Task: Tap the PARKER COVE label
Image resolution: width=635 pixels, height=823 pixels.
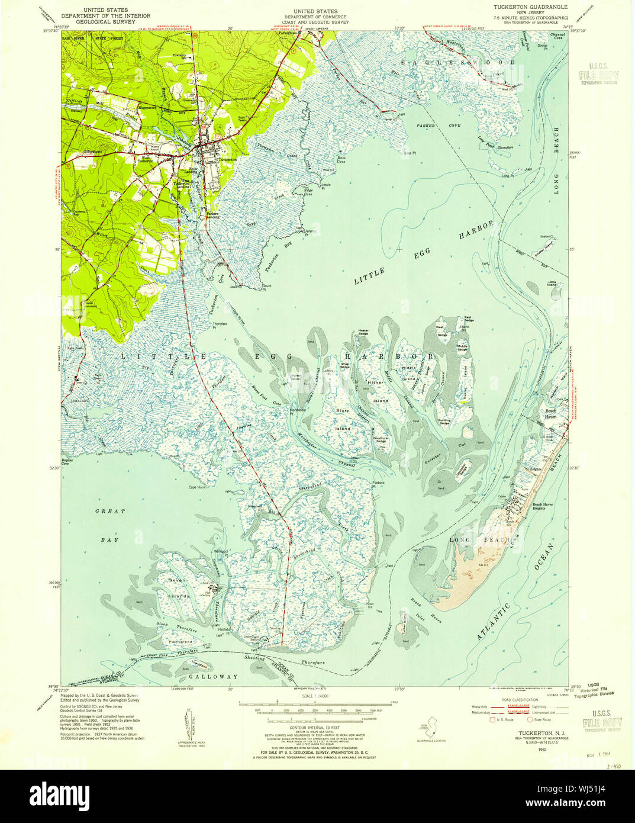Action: point(430,126)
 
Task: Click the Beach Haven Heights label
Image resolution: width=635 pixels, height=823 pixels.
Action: point(546,506)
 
